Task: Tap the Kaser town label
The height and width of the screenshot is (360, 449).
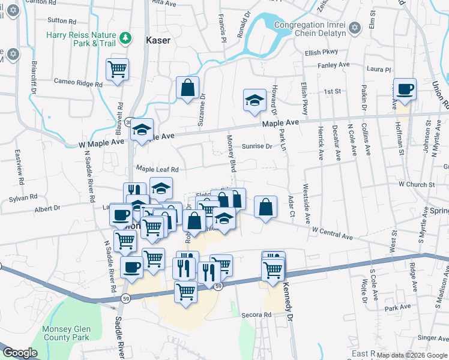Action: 158,41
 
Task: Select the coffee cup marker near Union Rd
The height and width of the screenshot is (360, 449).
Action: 404,89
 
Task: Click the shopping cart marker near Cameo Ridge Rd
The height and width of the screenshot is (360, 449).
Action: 117,68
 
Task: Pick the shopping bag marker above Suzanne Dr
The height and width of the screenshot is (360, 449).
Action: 187,88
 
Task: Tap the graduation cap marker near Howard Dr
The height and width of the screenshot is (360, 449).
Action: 255,100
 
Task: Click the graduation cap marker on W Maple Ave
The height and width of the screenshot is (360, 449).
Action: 142,130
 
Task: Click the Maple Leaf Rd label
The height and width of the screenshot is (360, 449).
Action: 158,169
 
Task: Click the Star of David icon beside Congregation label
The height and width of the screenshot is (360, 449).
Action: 354,28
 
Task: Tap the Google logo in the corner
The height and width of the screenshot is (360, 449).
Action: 20,353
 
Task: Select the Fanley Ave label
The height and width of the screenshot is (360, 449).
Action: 335,65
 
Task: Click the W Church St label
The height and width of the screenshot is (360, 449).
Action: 416,184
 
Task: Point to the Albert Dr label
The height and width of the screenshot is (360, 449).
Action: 47,208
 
